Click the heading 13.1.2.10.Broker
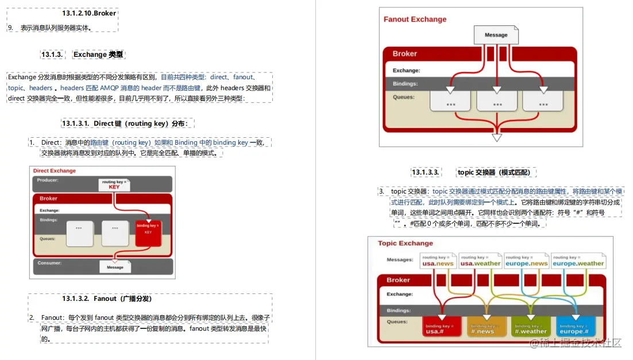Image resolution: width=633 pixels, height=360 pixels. pos(89,13)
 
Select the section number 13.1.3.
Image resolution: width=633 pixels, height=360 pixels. pos(52,55)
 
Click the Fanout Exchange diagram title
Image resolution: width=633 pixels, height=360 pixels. pos(415,19)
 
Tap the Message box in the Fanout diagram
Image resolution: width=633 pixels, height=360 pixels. pos(496,35)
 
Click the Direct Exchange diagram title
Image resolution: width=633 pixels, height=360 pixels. pos(55,171)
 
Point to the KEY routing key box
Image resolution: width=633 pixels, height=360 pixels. pos(114,185)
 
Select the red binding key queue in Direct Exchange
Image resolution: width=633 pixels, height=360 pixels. pos(148,233)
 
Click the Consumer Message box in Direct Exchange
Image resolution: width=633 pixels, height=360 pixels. pos(115,266)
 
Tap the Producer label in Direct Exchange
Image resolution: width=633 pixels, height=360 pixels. pos(48,180)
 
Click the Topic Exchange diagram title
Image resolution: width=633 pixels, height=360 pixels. pos(406,243)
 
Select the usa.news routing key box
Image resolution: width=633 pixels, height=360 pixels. pos(438,261)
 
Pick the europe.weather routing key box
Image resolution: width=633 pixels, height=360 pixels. pos(578,261)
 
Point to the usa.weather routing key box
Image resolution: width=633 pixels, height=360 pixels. pos(480,261)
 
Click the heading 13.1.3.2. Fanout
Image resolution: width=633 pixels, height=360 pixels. pos(107,299)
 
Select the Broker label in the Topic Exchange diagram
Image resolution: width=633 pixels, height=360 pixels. pos(398,280)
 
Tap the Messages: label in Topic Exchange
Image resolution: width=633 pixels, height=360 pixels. pos(400,260)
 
